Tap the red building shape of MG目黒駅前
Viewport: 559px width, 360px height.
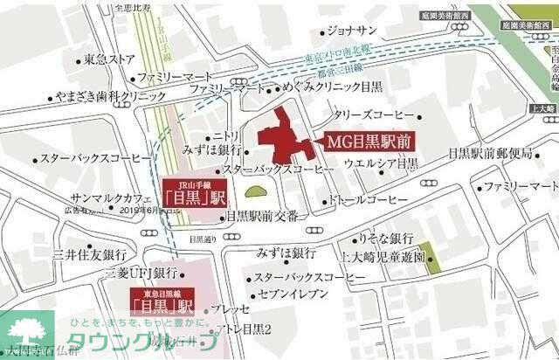[x=282, y=141]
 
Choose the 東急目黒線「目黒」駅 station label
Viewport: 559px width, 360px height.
[x=161, y=302]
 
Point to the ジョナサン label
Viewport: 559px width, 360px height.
[x=353, y=31]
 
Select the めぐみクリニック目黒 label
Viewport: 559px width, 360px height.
[x=327, y=89]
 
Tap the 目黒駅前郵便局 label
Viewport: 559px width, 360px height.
[x=489, y=153]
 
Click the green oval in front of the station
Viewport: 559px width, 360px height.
[x=255, y=191]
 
